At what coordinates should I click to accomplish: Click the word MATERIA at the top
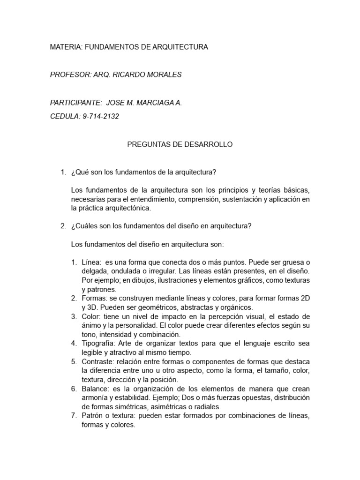[66, 47]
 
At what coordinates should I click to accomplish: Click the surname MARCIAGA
[156, 103]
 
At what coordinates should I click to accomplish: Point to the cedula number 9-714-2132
[101, 116]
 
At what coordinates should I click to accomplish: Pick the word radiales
[207, 407]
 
